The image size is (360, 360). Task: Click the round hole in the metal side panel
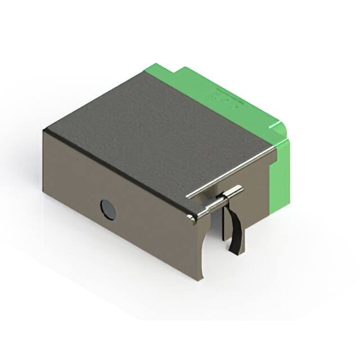(108, 209)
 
